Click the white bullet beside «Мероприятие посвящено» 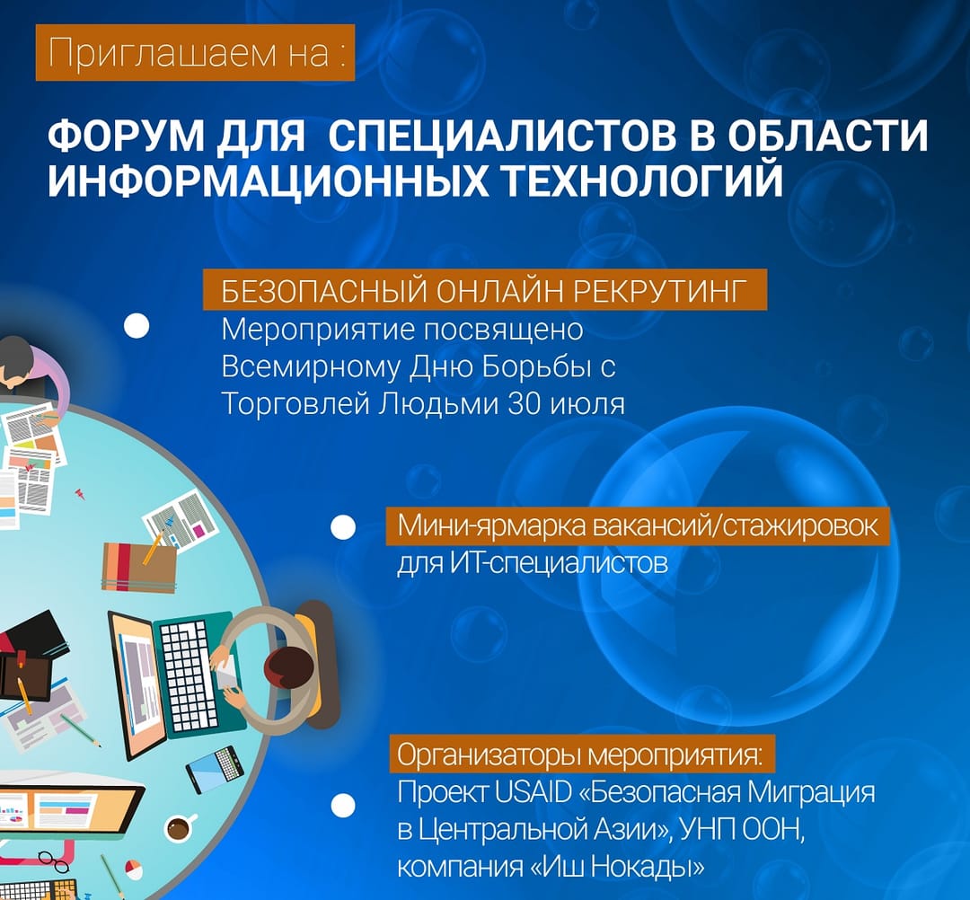click(x=137, y=326)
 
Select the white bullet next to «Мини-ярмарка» click(x=342, y=527)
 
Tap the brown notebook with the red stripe click(x=138, y=566)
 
